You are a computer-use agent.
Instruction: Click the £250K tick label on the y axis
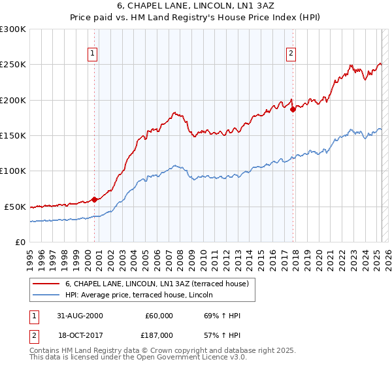pos(12,65)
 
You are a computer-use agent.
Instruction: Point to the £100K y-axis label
pos(12,171)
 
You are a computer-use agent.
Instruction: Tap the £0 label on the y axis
pos(20,242)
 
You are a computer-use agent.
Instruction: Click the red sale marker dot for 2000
pos(95,199)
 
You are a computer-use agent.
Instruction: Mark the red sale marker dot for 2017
pos(293,110)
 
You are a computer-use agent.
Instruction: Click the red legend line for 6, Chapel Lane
pos(47,284)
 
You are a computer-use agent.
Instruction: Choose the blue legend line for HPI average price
pos(47,295)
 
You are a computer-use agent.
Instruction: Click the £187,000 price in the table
pos(159,335)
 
